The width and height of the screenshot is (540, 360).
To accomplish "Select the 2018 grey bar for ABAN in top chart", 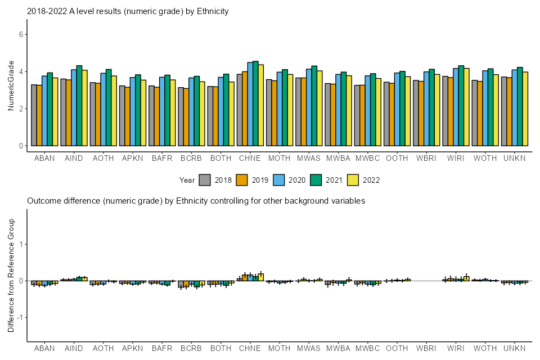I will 34,115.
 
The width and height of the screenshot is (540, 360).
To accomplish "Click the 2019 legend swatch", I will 242,180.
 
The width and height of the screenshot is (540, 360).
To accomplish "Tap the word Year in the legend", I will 187,180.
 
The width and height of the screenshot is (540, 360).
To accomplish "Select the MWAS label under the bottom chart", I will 309,349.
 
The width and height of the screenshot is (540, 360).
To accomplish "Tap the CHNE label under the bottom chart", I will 250,349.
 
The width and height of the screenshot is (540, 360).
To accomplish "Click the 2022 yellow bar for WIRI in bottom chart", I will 466,278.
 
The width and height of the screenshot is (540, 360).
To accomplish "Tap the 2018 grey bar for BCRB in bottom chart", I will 181,284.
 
